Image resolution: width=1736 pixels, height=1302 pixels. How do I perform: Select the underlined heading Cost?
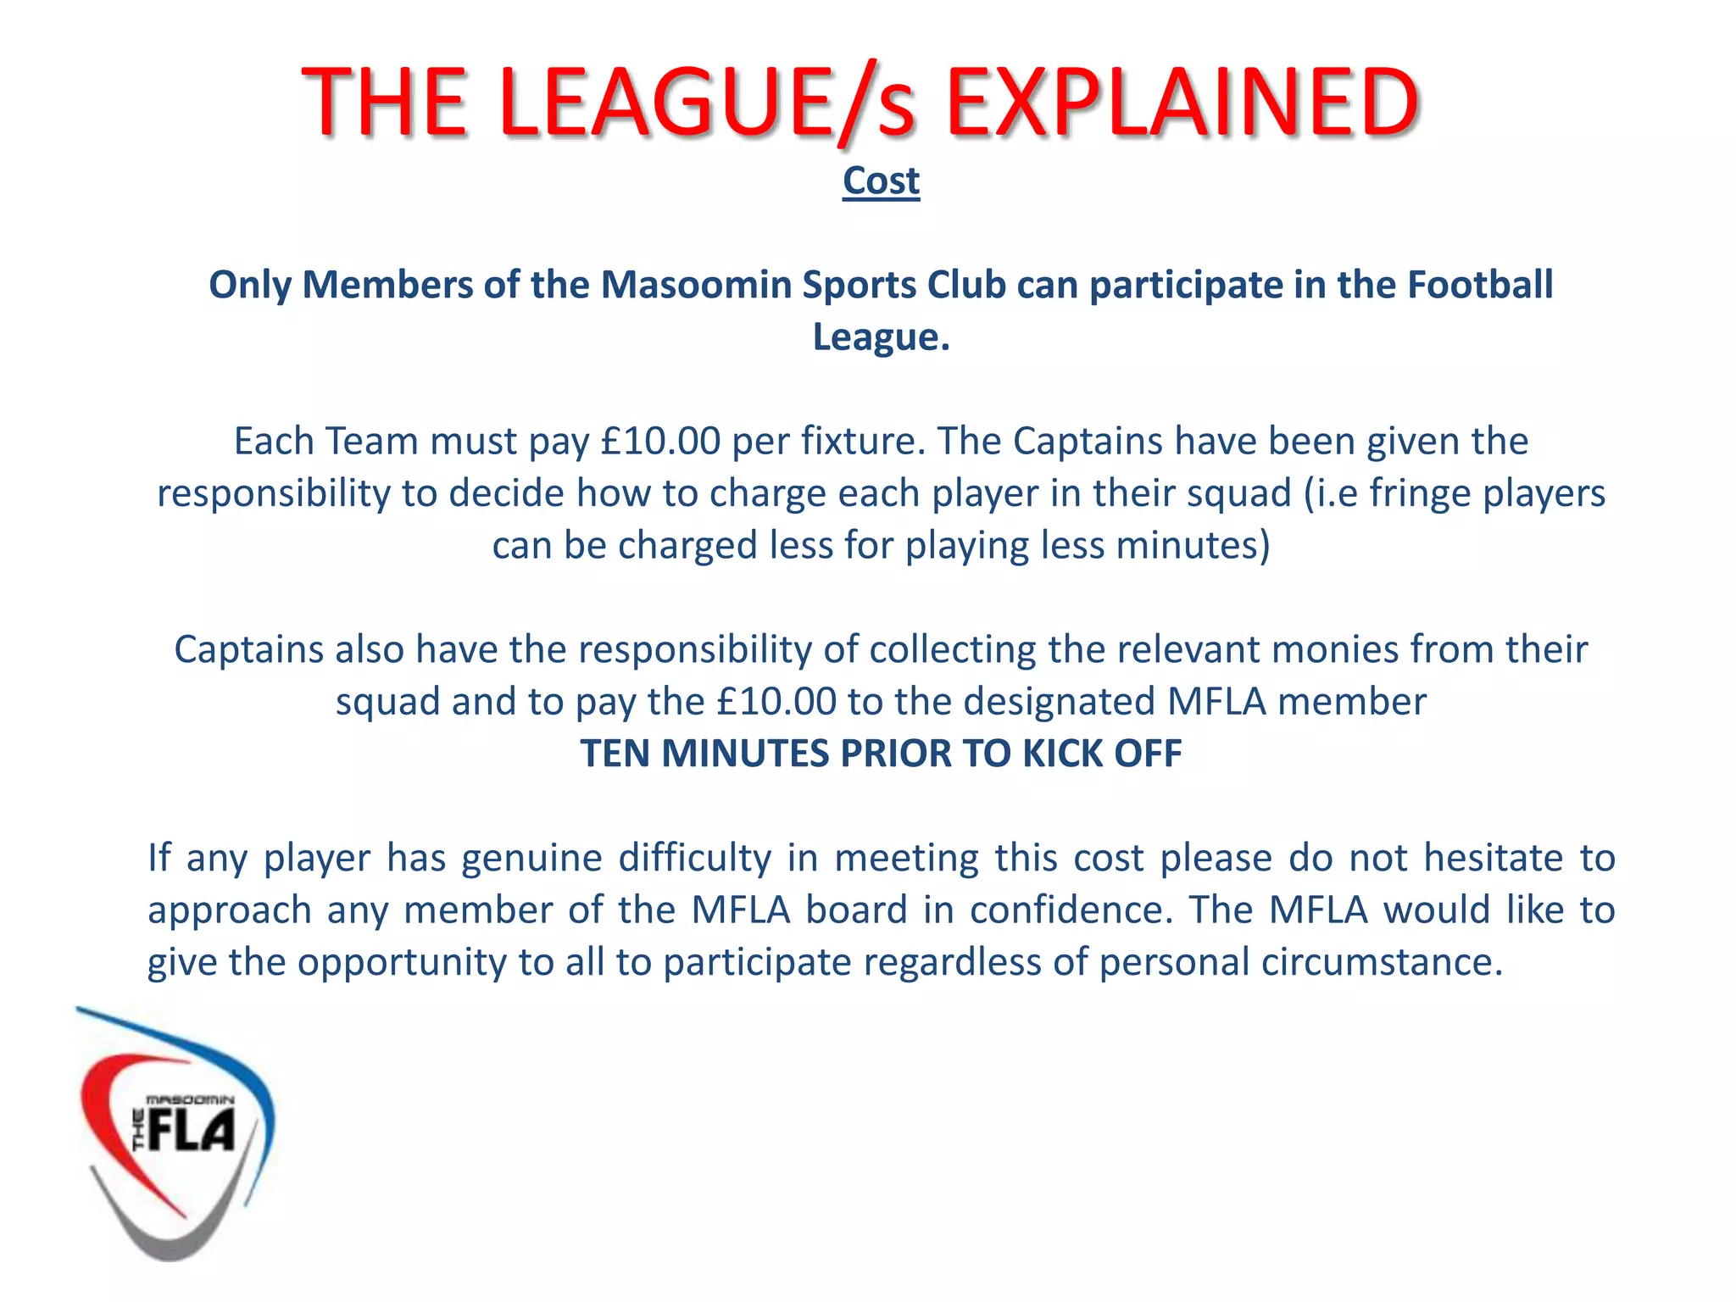point(881,181)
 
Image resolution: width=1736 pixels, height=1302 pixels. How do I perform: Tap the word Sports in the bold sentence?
point(860,285)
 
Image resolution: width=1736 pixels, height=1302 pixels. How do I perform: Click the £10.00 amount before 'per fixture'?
point(659,442)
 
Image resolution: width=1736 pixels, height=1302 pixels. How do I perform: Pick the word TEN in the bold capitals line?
point(615,754)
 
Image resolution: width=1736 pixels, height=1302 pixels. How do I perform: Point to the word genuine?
point(531,858)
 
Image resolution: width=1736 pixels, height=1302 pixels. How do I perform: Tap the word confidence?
point(1071,910)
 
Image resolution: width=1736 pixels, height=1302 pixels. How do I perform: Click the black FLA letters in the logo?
point(190,1132)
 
